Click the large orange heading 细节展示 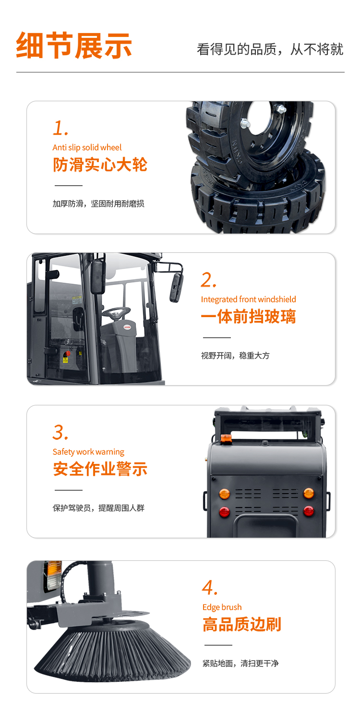(x=74, y=46)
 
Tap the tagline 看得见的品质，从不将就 (x=270, y=49)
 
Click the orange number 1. (x=60, y=128)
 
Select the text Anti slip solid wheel (x=87, y=147)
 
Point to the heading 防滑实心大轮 (x=100, y=165)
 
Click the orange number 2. (x=208, y=280)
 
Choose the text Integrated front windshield (x=248, y=299)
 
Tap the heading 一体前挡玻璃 (x=248, y=317)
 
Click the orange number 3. (x=60, y=432)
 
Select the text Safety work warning (x=88, y=452)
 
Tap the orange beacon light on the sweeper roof (x=226, y=438)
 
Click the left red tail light (x=225, y=511)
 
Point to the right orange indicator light (x=309, y=493)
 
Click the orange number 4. (x=210, y=588)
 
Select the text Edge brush (x=222, y=607)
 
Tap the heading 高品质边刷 (x=242, y=625)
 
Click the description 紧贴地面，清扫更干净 (x=240, y=663)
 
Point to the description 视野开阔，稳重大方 (x=235, y=355)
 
